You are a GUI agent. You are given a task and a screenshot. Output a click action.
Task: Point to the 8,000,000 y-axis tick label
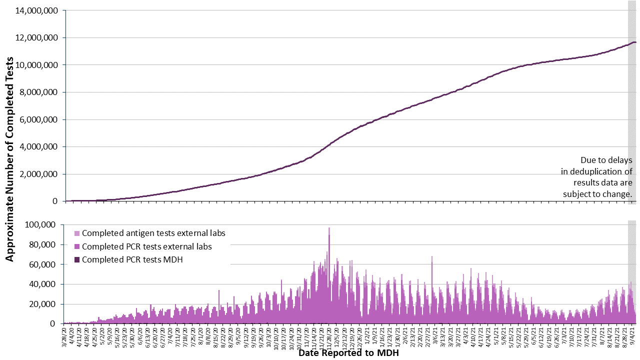point(39,92)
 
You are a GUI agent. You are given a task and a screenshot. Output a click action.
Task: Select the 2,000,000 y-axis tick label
point(39,174)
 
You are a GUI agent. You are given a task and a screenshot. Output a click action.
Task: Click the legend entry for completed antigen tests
point(153,233)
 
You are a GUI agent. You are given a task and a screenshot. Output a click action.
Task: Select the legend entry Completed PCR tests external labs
point(146,246)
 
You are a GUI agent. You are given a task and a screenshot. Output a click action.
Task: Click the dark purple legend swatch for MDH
point(76,259)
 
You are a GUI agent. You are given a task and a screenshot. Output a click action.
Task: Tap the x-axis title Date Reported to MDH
point(348,353)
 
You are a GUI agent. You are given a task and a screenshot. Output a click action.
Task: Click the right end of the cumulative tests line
point(634,42)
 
